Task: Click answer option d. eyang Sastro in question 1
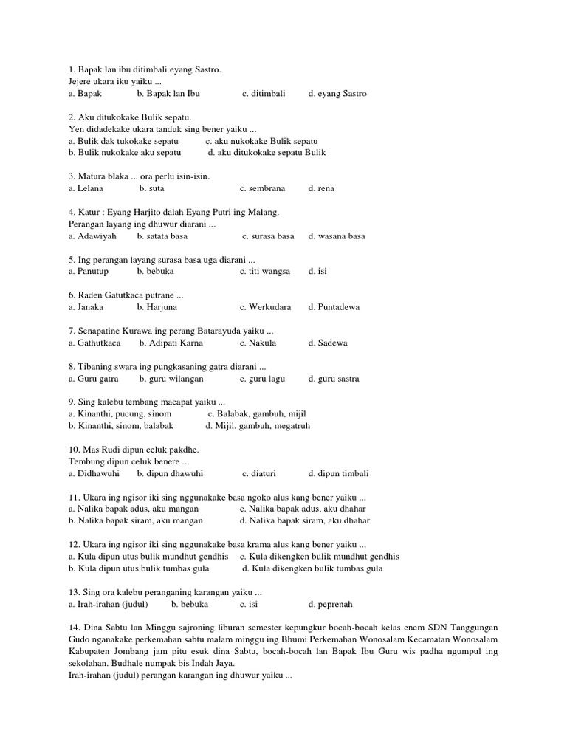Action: (x=337, y=94)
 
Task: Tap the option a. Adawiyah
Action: (x=92, y=236)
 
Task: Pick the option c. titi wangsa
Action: (x=265, y=271)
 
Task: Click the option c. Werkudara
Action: (x=265, y=307)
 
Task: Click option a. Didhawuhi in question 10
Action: (x=94, y=473)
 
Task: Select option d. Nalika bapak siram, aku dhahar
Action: (x=305, y=520)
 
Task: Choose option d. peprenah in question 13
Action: (x=331, y=604)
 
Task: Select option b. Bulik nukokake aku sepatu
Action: (x=125, y=153)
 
